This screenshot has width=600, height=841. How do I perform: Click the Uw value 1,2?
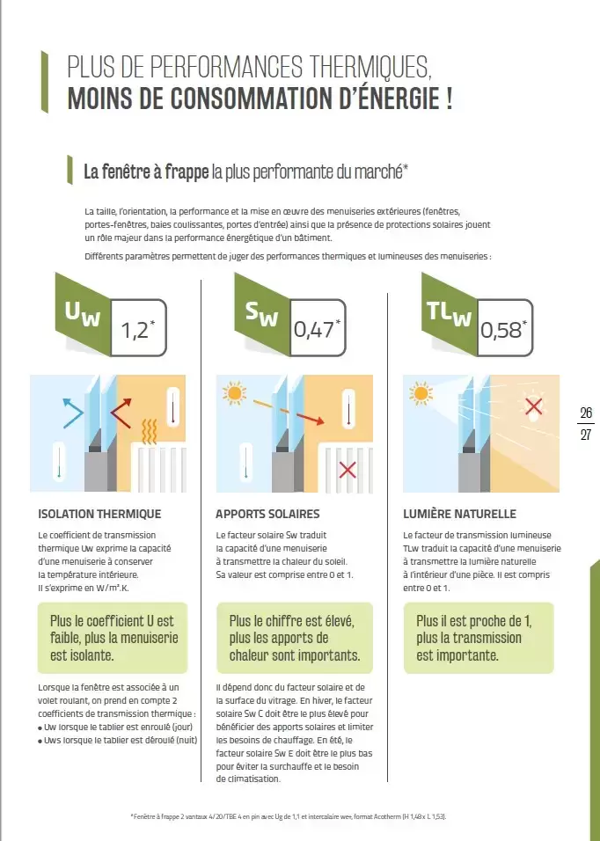tap(134, 330)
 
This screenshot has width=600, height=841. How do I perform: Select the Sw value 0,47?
tap(314, 330)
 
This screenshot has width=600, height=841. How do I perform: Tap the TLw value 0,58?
tap(501, 330)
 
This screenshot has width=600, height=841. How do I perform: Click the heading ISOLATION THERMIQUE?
tap(99, 514)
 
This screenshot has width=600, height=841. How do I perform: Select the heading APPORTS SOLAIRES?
tap(267, 514)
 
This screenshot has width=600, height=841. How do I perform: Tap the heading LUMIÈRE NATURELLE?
tap(459, 514)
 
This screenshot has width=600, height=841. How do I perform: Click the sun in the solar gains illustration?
tap(234, 394)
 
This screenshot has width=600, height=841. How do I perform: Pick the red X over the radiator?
tap(348, 471)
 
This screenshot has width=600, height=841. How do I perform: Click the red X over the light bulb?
tap(533, 406)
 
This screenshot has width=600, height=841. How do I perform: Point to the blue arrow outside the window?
tap(73, 413)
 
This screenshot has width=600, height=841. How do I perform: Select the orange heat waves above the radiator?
tap(150, 431)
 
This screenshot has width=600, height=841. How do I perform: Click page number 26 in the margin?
tap(586, 413)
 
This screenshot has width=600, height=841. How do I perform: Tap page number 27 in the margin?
tap(586, 434)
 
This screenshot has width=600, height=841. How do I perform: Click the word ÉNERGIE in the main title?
tap(398, 99)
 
